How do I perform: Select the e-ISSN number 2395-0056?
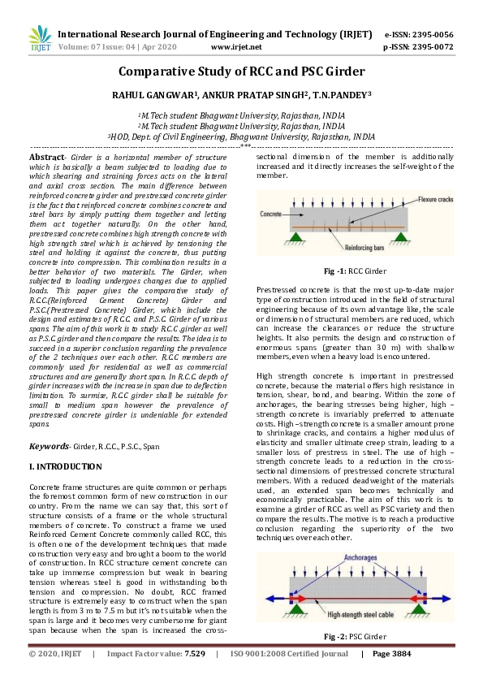coord(431,35)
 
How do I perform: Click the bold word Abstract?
coord(47,155)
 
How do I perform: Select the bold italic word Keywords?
coord(50,446)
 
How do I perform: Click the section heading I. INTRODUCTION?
coord(65,467)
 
